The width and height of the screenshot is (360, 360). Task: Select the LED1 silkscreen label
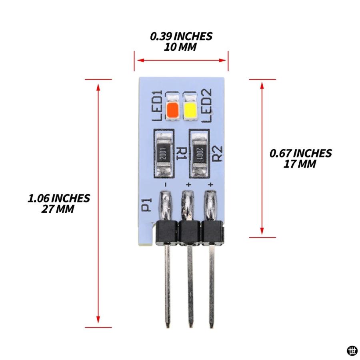[x=158, y=106]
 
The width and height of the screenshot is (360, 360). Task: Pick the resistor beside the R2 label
[x=199, y=153]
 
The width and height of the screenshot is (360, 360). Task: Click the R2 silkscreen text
[x=217, y=153]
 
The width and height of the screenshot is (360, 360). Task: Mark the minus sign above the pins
[x=165, y=184]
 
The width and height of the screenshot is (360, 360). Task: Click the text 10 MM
[x=180, y=47]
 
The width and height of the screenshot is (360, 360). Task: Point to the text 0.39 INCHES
[x=181, y=36]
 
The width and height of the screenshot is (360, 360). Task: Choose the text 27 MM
[x=58, y=209]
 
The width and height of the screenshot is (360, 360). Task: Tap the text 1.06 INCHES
[x=58, y=198]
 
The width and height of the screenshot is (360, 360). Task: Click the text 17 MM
[x=300, y=164]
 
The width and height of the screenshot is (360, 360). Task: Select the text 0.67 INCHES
[x=300, y=153]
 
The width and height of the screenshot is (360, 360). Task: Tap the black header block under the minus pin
[x=167, y=232]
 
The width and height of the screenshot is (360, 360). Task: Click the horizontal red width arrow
[x=181, y=60]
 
